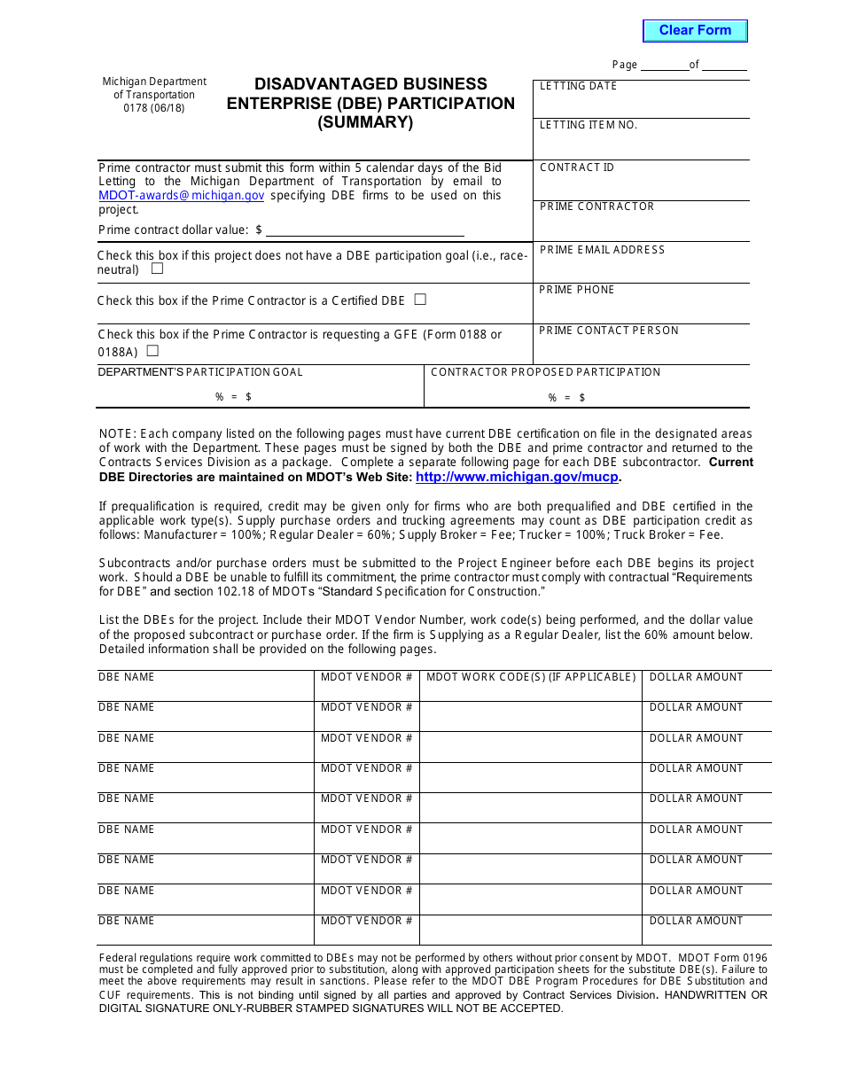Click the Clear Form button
[695, 31]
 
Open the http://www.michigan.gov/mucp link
[517, 477]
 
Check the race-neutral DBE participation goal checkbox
[157, 269]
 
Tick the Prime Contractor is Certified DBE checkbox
[420, 300]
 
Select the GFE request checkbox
[152, 351]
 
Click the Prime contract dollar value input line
[364, 230]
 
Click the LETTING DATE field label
[578, 86]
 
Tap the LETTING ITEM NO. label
[589, 125]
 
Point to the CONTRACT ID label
[576, 167]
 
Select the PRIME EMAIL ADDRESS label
[602, 250]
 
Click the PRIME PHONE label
[576, 290]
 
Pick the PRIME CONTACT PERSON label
[609, 331]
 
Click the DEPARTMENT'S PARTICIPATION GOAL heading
[200, 372]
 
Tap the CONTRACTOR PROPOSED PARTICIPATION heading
[545, 372]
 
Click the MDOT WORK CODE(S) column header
[531, 677]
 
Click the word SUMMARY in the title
[366, 123]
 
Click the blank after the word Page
[664, 65]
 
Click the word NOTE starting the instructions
[117, 434]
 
